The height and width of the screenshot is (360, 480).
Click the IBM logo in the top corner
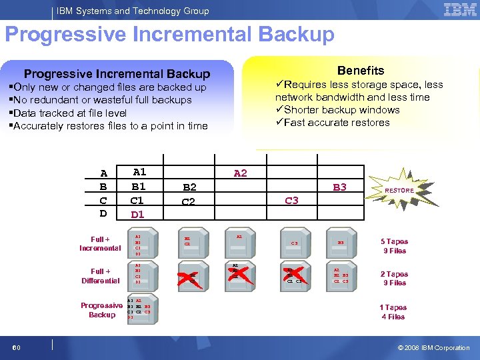[459, 10]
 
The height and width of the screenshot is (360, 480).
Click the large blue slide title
[169, 35]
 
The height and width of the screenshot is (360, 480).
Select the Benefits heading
[360, 70]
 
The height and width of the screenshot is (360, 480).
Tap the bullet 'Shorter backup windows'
[338, 110]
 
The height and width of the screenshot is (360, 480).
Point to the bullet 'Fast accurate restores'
[333, 123]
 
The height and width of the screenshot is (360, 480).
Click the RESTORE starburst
[399, 191]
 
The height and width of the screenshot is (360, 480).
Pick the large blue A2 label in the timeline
[240, 173]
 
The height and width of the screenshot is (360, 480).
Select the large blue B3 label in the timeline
[340, 187]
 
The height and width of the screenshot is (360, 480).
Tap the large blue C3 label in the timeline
[291, 201]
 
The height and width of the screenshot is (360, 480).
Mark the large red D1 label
[137, 215]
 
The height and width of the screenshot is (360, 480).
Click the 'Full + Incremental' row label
[100, 243]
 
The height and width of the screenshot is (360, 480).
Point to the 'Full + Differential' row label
[100, 276]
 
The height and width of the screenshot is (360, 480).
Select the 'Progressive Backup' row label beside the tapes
[101, 310]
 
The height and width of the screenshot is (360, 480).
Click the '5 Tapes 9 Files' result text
[394, 246]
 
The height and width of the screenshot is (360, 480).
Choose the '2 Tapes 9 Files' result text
[394, 278]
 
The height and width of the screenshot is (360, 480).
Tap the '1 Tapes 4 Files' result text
[393, 312]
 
